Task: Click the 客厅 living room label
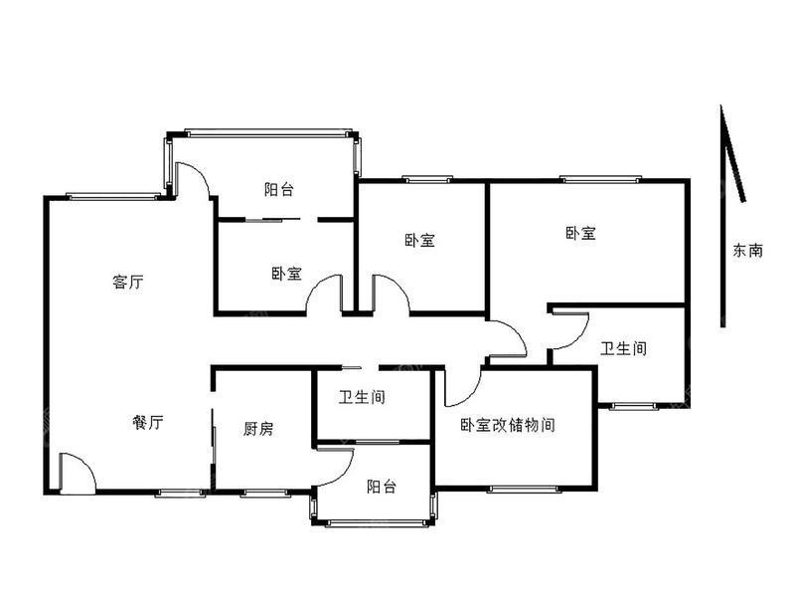(x=128, y=281)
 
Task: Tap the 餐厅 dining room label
(x=147, y=422)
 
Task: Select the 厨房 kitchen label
(x=258, y=429)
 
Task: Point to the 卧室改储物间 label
(x=508, y=425)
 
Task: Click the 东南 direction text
(x=747, y=250)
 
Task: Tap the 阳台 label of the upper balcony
(x=279, y=189)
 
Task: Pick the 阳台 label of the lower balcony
(x=382, y=487)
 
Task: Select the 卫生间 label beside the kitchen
(x=362, y=396)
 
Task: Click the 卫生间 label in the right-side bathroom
(x=624, y=348)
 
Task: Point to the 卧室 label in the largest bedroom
(x=580, y=234)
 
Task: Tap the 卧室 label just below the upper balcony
(x=286, y=275)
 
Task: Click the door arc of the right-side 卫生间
(x=581, y=337)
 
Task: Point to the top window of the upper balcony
(x=268, y=132)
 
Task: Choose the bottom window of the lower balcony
(x=374, y=523)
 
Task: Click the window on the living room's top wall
(x=113, y=196)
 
